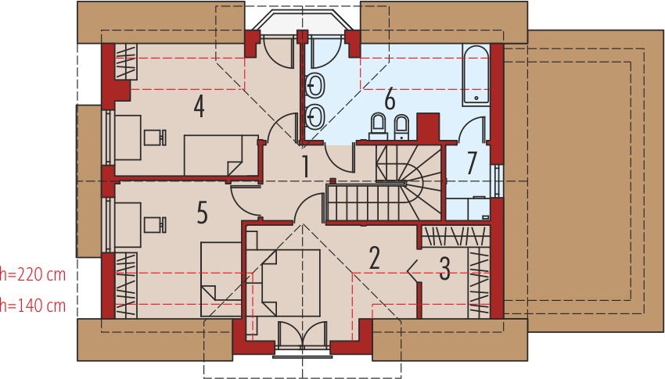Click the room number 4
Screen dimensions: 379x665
pyautogui.click(x=199, y=106)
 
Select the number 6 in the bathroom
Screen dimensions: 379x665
pyautogui.click(x=389, y=99)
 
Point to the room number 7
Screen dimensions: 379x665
pyautogui.click(x=472, y=163)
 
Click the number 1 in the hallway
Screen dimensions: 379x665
pyautogui.click(x=306, y=166)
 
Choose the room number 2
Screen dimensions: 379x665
pyautogui.click(x=374, y=258)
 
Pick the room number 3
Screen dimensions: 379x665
pyautogui.click(x=444, y=269)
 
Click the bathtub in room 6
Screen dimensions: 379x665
pyautogui.click(x=476, y=75)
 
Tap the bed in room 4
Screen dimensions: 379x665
pyautogui.click(x=221, y=155)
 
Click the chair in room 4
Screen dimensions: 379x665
pyautogui.click(x=156, y=136)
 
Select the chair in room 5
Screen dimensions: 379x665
pyautogui.click(x=156, y=225)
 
